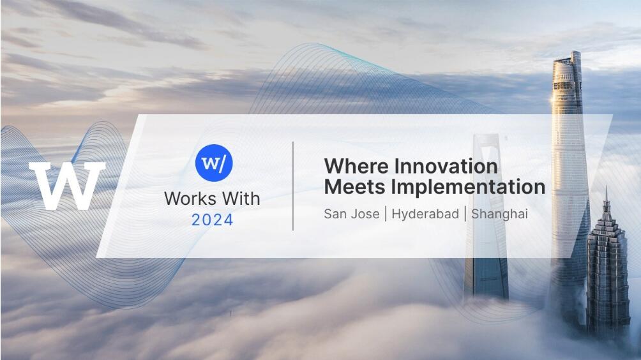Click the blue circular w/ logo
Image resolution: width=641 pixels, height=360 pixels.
(x=214, y=163)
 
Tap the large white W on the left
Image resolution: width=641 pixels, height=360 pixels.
(x=67, y=186)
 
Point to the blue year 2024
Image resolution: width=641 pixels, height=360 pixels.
(x=212, y=220)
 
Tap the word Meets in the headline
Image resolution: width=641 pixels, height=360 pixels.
(x=354, y=187)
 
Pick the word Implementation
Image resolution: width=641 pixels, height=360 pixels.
(x=468, y=188)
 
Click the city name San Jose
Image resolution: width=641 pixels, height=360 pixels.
(x=352, y=214)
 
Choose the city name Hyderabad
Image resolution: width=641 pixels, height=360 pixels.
(x=425, y=214)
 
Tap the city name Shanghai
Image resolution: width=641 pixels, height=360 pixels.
(x=499, y=214)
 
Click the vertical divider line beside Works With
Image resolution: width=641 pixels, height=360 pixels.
(x=293, y=186)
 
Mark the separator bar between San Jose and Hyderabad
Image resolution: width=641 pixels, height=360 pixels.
(x=386, y=214)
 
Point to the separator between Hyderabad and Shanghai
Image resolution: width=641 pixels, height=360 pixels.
(x=465, y=214)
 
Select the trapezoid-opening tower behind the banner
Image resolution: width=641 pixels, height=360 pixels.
(x=487, y=216)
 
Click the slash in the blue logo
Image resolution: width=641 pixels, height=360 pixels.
(x=222, y=164)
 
